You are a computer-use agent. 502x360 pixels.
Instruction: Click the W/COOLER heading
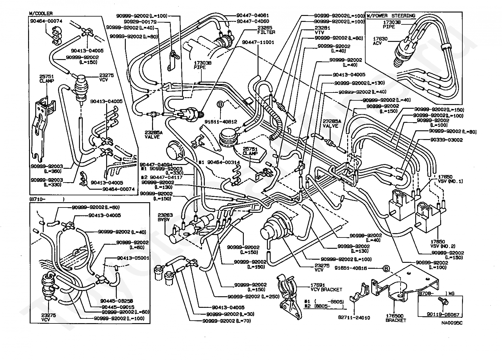point(41,13)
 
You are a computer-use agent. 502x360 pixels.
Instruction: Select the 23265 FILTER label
point(266,30)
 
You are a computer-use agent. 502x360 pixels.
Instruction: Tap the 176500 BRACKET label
point(396,318)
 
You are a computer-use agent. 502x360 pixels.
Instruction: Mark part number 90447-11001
point(258,42)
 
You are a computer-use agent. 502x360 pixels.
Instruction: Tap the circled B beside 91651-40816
point(386,268)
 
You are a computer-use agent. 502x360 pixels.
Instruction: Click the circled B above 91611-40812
point(220,104)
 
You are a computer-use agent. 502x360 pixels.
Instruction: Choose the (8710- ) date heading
point(47,199)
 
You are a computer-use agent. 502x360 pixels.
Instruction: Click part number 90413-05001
point(133,258)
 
